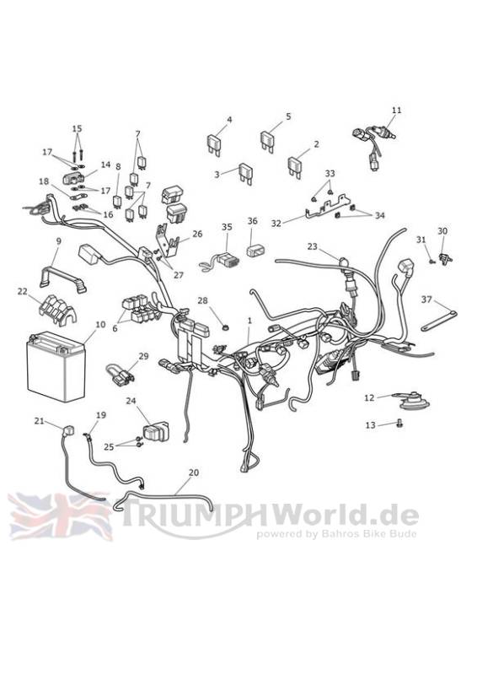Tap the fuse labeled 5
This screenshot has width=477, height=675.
point(267,141)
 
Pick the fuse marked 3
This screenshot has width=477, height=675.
point(244,173)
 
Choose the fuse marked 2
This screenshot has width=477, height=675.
point(295,166)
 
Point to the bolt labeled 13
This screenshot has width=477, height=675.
point(400,424)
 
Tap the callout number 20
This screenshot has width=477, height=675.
point(194,472)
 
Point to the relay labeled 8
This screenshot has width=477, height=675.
point(117,200)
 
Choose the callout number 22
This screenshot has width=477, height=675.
point(23,292)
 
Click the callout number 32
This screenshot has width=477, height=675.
point(276,224)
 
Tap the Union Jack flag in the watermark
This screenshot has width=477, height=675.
point(60,516)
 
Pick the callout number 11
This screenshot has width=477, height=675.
point(397,111)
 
